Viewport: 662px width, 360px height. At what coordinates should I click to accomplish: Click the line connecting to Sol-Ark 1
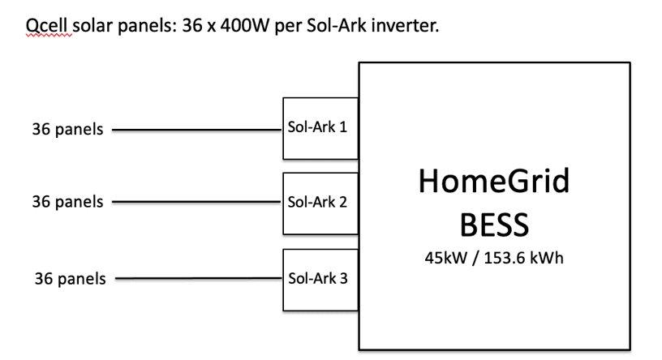pyautogui.click(x=197, y=130)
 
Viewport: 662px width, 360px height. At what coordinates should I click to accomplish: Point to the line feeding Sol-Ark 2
pyautogui.click(x=197, y=202)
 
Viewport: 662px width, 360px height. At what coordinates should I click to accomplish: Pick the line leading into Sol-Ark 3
pyautogui.click(x=199, y=278)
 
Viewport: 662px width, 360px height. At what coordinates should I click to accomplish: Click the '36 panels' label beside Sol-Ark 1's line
pyautogui.click(x=67, y=129)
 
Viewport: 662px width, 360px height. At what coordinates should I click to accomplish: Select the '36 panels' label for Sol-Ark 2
pyautogui.click(x=67, y=202)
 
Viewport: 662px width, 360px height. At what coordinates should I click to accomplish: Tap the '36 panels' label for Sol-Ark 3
pyautogui.click(x=70, y=279)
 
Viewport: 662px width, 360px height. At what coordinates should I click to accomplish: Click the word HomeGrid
pyautogui.click(x=494, y=181)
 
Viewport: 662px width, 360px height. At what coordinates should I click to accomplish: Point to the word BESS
pyautogui.click(x=494, y=225)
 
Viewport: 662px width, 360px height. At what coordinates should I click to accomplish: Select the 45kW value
pyautogui.click(x=446, y=258)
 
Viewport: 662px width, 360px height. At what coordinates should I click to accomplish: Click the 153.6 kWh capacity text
pyautogui.click(x=523, y=258)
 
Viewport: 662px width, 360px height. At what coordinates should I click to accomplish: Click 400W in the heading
pyautogui.click(x=244, y=26)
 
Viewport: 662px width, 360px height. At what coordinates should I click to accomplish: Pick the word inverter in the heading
pyautogui.click(x=406, y=26)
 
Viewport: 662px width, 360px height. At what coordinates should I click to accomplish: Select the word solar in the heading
pyautogui.click(x=92, y=26)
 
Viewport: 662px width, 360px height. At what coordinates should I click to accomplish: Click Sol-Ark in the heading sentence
pyautogui.click(x=337, y=26)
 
